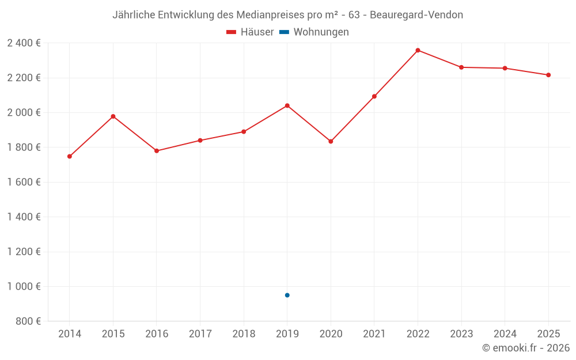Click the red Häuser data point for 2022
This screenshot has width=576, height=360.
[418, 50]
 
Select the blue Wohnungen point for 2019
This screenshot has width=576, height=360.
[287, 295]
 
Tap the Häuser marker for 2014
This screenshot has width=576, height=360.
[70, 156]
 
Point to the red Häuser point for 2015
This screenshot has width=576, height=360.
[113, 116]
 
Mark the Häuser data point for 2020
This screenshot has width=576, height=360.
[331, 141]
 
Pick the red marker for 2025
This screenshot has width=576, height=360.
[548, 75]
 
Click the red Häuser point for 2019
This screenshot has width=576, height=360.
[287, 105]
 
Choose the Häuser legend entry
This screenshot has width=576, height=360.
[251, 32]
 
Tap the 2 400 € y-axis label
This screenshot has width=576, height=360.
[24, 43]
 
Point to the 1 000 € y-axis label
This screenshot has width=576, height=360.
[24, 286]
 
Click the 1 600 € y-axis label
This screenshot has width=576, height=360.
[24, 182]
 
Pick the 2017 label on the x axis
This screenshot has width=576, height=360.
[200, 334]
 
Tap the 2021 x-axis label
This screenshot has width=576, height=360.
[374, 334]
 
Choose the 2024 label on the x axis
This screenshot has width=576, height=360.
[505, 334]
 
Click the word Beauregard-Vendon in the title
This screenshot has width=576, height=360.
[416, 15]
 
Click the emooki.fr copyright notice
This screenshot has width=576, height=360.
[525, 348]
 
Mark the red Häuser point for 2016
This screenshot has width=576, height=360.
[157, 151]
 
